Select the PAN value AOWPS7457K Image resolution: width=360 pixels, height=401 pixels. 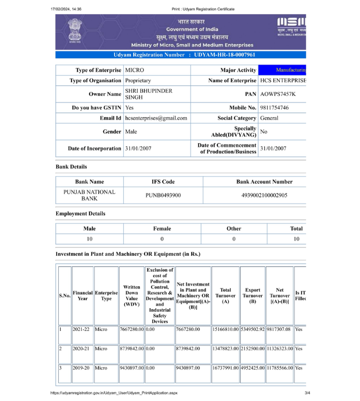tap(277, 94)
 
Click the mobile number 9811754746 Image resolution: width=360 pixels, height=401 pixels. tap(274, 108)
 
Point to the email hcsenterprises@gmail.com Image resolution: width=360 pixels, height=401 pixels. tap(156, 118)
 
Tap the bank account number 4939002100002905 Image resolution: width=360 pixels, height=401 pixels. tap(264, 195)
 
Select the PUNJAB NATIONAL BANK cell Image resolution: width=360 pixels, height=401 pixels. tap(89, 195)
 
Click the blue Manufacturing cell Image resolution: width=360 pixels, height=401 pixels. tap(282, 70)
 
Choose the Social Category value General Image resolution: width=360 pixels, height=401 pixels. tap(269, 118)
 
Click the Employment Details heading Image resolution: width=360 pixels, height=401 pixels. tap(80, 214)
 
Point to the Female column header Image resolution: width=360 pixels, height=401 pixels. tap(162, 229)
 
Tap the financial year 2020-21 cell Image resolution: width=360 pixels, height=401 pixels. tap(81, 349)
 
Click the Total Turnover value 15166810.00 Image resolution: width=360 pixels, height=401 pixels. tap(226, 329)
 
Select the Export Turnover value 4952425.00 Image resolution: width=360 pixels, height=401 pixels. tap(253, 368)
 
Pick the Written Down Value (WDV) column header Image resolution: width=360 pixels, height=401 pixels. tap(131, 295)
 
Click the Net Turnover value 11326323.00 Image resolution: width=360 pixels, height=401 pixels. tap(279, 349)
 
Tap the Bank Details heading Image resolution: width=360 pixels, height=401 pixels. tap(71, 166)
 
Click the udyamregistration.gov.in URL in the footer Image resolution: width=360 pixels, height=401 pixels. tap(114, 393)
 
